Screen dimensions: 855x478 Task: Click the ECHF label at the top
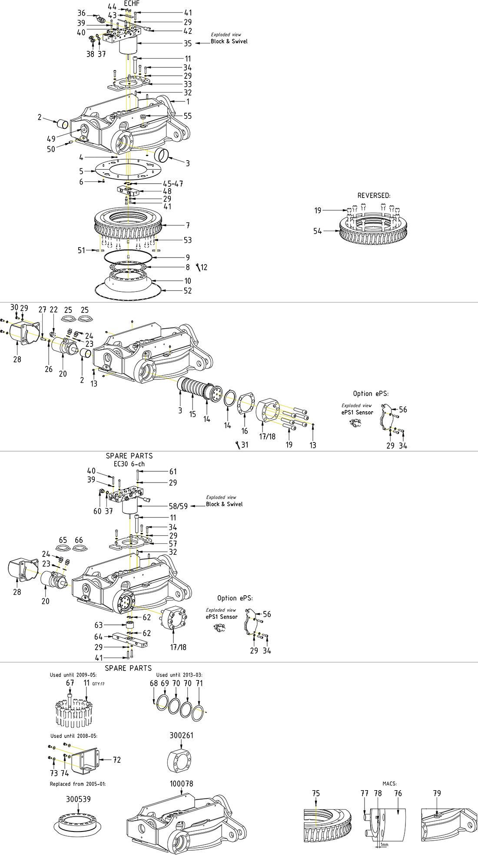132,3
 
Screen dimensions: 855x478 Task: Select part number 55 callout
187,116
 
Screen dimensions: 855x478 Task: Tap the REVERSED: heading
374,196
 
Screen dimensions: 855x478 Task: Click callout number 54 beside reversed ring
318,231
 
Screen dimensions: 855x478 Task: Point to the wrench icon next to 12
198,267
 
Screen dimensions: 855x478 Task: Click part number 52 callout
187,291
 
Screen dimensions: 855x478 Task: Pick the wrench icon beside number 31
238,445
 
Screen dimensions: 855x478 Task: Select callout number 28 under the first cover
17,359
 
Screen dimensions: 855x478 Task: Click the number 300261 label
181,735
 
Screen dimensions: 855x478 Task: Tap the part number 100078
181,784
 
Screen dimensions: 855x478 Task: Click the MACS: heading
389,784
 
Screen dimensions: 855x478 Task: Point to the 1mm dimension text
385,845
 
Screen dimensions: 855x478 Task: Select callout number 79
437,793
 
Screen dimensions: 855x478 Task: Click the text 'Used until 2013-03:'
179,675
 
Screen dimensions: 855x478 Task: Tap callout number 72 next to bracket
116,760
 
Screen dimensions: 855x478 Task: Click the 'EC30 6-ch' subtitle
129,464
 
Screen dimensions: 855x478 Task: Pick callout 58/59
178,506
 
